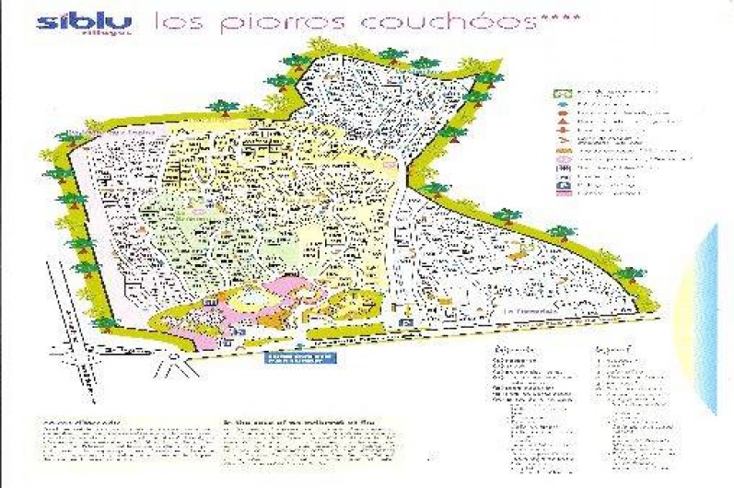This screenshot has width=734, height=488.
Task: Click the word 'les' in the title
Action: coord(170,23)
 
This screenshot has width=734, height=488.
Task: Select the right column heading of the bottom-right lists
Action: coord(612,351)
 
